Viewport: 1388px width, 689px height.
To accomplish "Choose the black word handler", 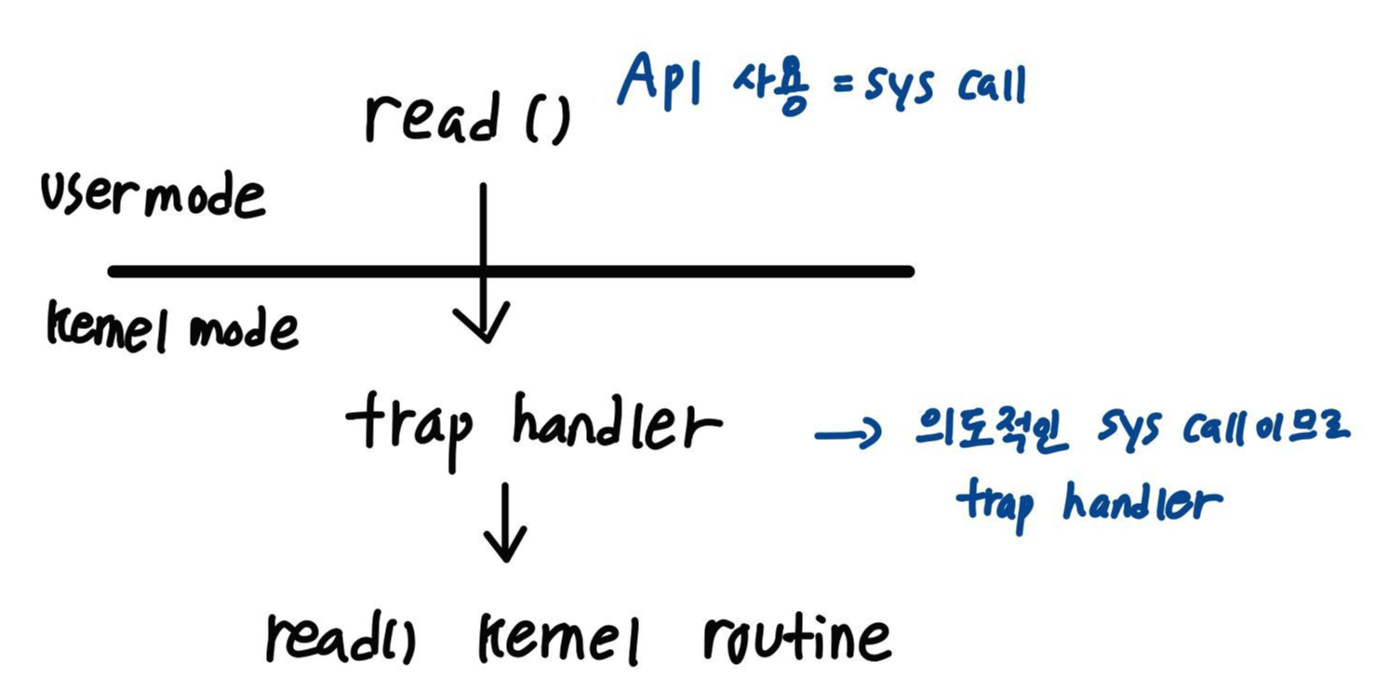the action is click(617, 427).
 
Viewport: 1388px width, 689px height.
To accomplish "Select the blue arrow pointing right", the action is click(847, 433).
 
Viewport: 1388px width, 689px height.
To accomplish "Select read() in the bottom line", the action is click(340, 638).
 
